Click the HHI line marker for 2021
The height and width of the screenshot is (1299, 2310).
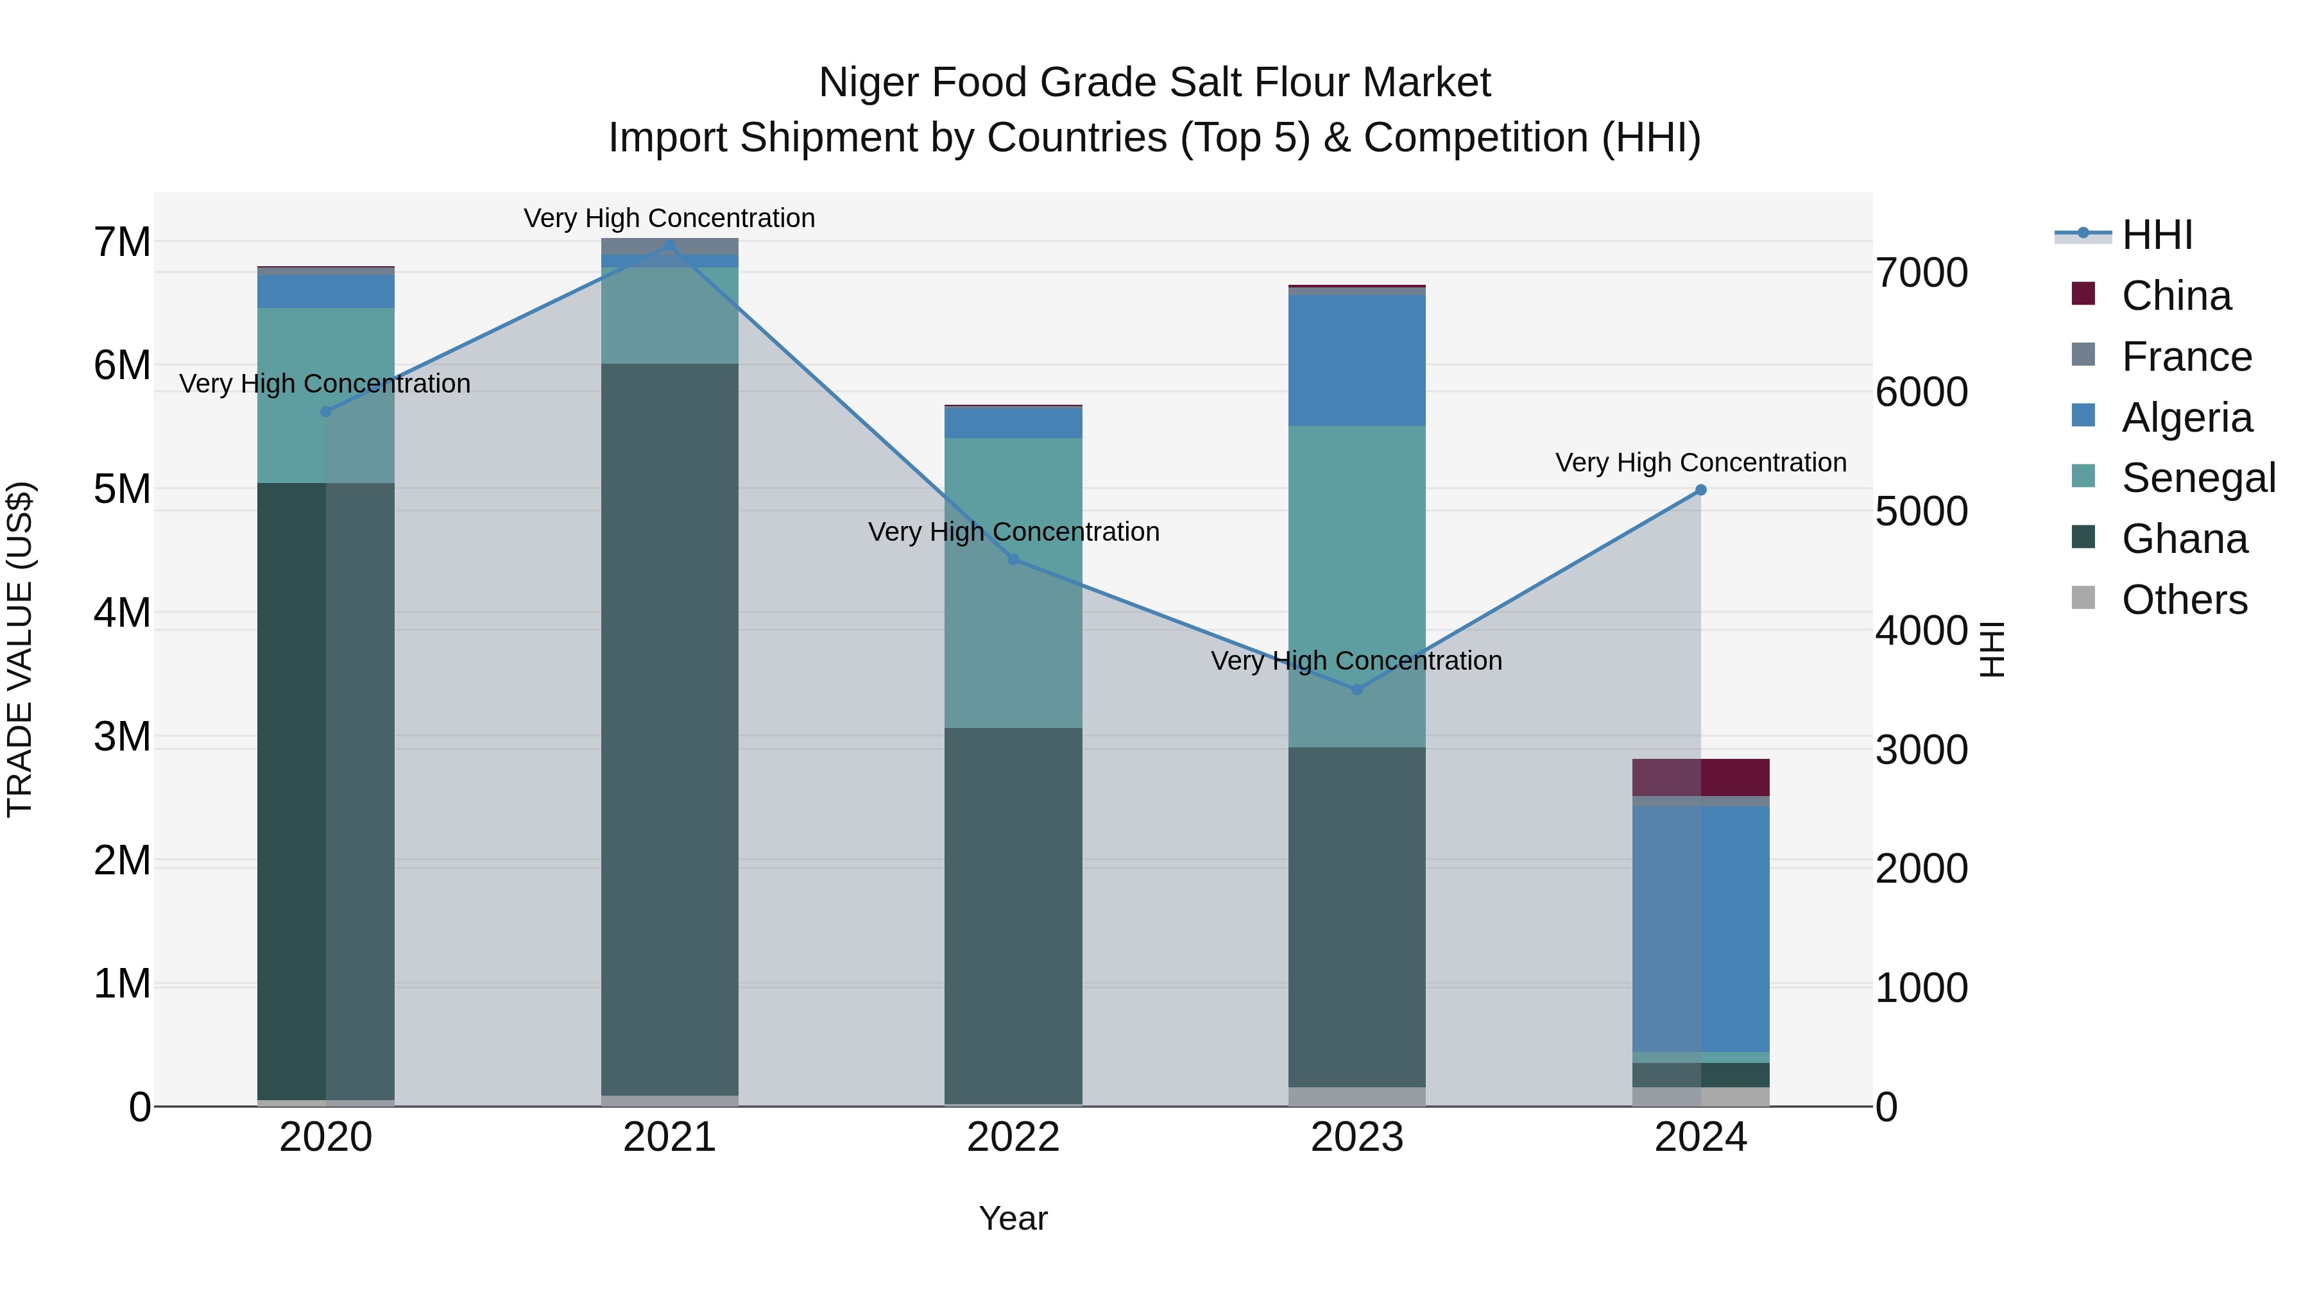[669, 244]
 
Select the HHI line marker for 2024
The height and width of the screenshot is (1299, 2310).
[1700, 490]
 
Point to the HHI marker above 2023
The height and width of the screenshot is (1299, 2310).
[1356, 690]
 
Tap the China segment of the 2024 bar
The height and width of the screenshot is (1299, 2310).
[1700, 777]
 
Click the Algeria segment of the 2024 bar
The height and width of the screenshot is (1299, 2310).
[1700, 928]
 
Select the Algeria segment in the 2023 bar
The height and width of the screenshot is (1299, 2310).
[1356, 361]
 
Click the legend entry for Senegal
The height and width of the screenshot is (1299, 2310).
[2198, 478]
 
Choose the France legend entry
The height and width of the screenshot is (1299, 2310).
[2186, 357]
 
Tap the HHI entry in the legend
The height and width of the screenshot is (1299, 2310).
[2157, 235]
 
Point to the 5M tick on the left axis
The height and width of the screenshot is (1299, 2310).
[123, 489]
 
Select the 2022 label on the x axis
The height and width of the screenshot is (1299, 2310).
[1013, 1137]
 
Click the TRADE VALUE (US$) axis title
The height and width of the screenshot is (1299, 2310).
[20, 649]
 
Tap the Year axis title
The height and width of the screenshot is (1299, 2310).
[1013, 1218]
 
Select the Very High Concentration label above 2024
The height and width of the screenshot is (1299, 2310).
[1700, 463]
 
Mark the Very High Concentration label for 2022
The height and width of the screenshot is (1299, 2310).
[1013, 532]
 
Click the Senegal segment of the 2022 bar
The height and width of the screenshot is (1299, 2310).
[1013, 582]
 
